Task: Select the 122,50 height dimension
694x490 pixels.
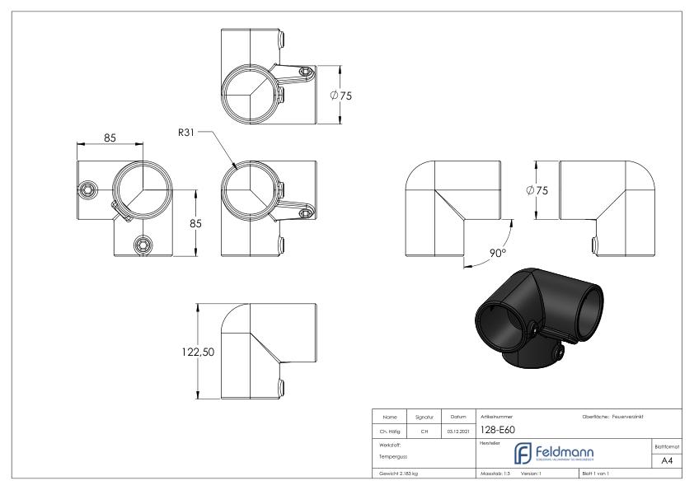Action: (198, 352)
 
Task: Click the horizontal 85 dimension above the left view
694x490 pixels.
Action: (109, 138)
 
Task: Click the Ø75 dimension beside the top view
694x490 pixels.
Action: (340, 96)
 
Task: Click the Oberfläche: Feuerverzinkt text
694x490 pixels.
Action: (614, 415)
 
